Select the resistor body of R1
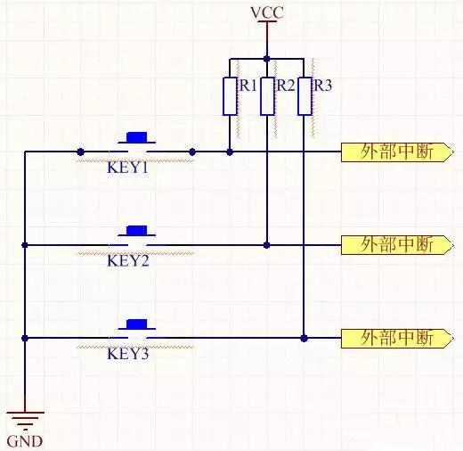230,96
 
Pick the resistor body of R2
267,96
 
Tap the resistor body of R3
305,96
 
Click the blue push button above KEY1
137,138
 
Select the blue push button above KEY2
137,230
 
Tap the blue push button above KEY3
137,324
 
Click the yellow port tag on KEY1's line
392,152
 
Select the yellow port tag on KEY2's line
392,244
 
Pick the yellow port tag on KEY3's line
392,338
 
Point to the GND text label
24,440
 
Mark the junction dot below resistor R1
230,152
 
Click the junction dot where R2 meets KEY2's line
267,244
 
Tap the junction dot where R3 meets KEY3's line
305,338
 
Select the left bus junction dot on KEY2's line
25,244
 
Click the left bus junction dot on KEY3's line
25,338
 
